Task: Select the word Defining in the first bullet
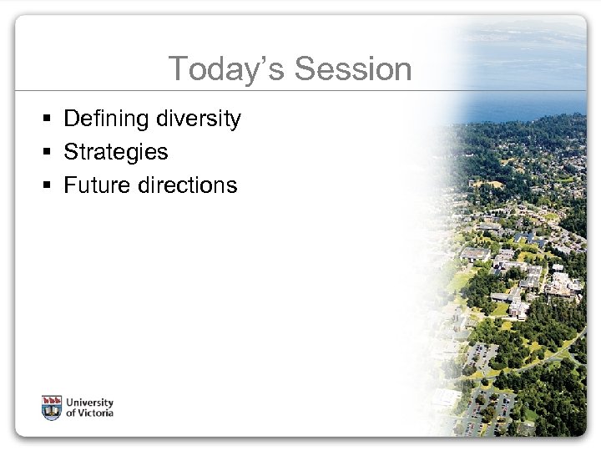[x=106, y=119]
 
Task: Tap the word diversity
[x=198, y=119]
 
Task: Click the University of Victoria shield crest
[x=52, y=408]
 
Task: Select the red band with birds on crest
[x=52, y=400]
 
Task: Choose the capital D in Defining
[x=71, y=119]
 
